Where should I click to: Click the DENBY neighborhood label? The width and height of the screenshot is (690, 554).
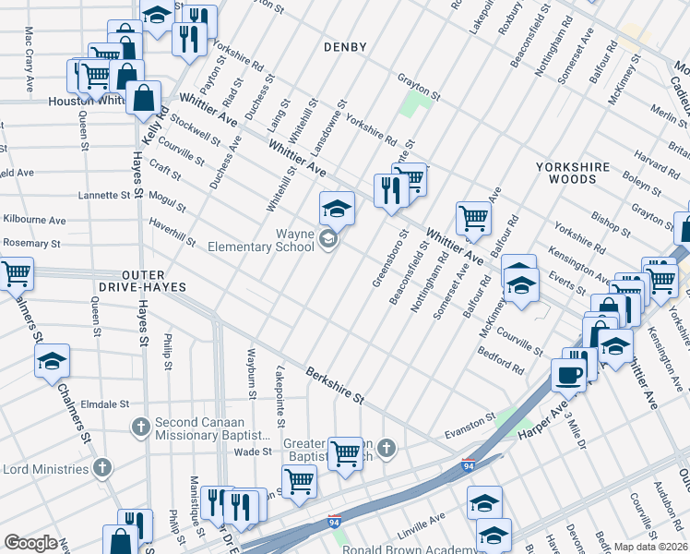(x=345, y=47)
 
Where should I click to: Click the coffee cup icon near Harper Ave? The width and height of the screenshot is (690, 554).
(x=568, y=376)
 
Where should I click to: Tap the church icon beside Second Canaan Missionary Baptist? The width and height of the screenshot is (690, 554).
(x=140, y=428)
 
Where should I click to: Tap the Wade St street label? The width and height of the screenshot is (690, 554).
(x=252, y=452)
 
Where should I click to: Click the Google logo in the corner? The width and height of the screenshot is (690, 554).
(x=30, y=543)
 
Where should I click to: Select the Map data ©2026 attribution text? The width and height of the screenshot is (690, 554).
(x=651, y=547)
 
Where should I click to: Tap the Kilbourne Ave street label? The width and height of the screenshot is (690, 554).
(x=34, y=221)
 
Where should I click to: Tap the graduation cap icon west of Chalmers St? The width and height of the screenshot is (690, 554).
(x=52, y=362)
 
